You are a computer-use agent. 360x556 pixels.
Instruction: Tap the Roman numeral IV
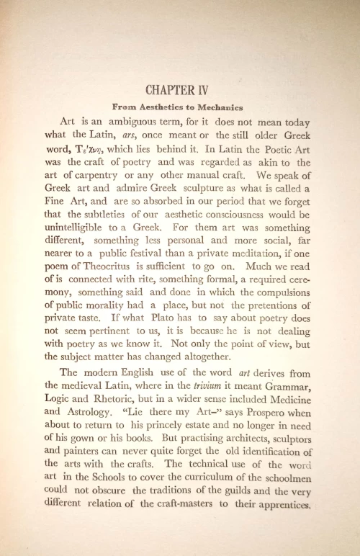[x=207, y=91]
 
